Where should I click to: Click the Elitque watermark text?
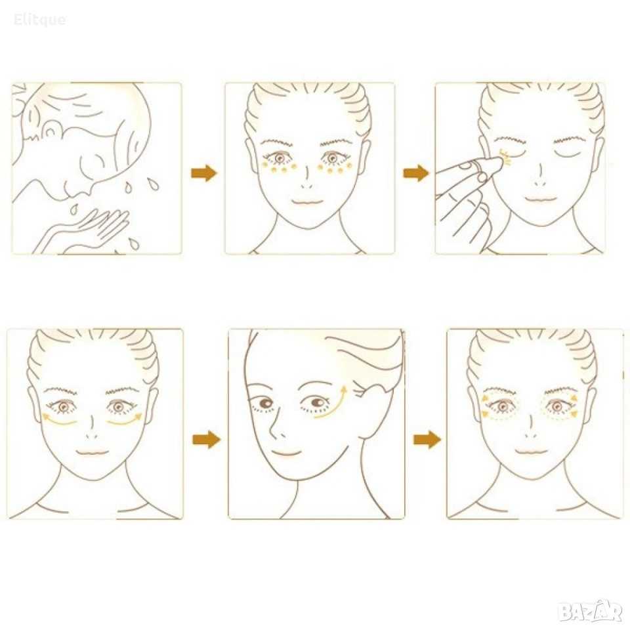click(x=39, y=20)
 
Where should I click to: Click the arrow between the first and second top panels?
click(x=204, y=173)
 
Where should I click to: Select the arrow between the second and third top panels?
click(x=416, y=173)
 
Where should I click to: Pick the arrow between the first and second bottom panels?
click(x=207, y=440)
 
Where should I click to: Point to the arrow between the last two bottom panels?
click(x=427, y=440)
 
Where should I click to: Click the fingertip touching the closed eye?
click(x=497, y=162)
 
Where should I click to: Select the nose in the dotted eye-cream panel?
click(x=306, y=178)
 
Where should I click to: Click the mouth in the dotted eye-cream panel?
click(x=307, y=201)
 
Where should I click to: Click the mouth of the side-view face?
click(x=285, y=454)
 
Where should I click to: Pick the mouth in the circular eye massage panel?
click(x=532, y=451)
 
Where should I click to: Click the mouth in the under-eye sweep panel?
click(x=93, y=452)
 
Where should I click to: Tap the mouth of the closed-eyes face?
click(x=541, y=199)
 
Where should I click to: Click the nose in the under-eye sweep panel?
click(x=93, y=427)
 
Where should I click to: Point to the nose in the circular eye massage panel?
click(x=531, y=427)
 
